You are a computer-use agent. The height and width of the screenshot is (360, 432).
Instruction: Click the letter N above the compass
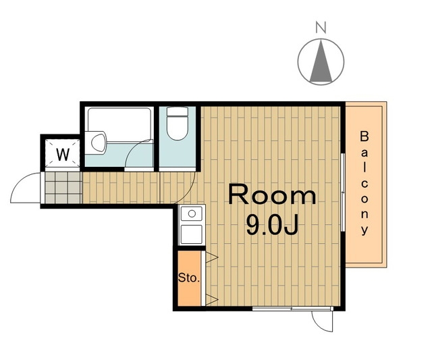pos(321,27)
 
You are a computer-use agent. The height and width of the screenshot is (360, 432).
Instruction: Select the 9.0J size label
pos(272,225)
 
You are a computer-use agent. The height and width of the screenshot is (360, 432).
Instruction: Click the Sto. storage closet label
pos(189,278)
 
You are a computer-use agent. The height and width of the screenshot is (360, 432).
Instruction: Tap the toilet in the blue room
pos(178,124)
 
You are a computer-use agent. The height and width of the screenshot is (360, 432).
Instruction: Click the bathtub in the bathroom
pos(119,124)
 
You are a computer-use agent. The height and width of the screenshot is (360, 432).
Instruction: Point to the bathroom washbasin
pos(97,143)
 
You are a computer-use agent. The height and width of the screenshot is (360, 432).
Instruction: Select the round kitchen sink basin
pos(192,213)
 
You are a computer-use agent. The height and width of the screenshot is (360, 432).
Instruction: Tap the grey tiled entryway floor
pos(63,188)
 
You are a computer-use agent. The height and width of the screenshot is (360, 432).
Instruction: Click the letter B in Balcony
pos(364,136)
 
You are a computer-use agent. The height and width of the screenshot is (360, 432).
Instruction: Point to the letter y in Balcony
pos(364,230)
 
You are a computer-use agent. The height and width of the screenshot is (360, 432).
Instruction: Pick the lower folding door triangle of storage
pos(211,300)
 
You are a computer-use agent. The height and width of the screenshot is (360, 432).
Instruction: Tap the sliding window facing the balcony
pos(343,192)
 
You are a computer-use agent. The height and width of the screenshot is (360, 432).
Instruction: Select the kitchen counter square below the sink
pos(192,234)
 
